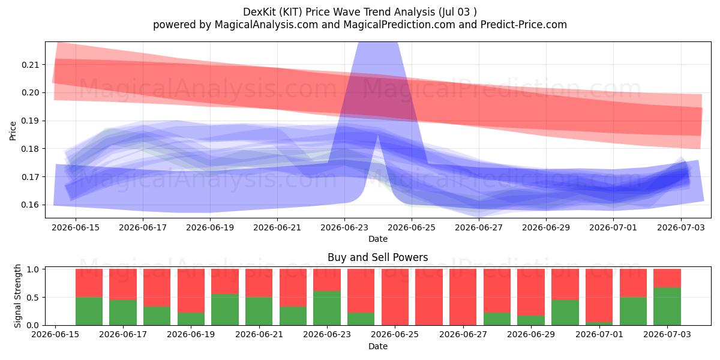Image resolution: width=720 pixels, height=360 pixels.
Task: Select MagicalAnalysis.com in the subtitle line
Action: point(266,25)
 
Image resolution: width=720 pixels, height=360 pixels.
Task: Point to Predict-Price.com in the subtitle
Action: point(524,25)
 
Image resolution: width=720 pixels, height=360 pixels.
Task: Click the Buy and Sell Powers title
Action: point(377,257)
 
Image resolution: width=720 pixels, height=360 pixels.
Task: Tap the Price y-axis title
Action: point(13,131)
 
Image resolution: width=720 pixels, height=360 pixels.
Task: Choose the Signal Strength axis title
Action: point(17,296)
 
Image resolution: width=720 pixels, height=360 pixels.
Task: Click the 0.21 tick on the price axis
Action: point(30,65)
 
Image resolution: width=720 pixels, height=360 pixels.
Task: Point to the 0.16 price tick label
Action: point(30,205)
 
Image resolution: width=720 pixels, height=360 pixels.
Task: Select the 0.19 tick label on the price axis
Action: point(30,121)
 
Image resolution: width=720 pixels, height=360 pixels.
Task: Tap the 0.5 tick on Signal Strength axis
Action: point(32,298)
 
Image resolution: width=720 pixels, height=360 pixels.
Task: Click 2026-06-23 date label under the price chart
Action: point(344,227)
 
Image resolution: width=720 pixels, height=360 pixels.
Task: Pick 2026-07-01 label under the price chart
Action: point(613,227)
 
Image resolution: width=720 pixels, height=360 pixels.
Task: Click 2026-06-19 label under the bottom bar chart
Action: point(191,334)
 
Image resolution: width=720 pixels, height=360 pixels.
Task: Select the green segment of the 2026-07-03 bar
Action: point(667,307)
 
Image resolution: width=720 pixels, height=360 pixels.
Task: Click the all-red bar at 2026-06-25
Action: point(395,297)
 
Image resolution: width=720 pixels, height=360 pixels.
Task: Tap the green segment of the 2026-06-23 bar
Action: point(327,308)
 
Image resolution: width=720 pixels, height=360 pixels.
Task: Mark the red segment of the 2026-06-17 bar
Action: point(123,284)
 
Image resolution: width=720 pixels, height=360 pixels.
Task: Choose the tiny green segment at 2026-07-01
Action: point(599,323)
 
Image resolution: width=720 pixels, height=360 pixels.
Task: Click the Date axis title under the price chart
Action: point(377,239)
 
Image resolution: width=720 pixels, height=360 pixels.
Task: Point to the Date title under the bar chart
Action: point(377,346)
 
